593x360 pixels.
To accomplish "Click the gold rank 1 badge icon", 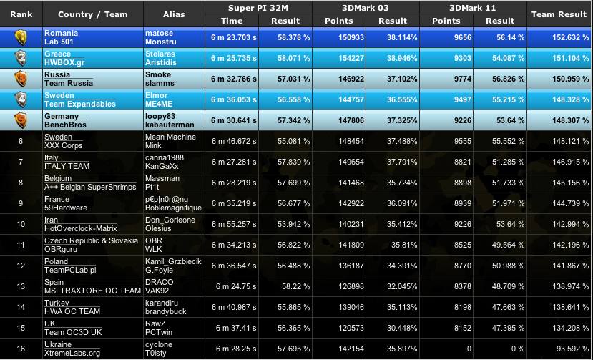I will (x=21, y=38).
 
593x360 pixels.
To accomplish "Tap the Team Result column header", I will (x=559, y=14).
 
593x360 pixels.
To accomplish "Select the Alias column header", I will (x=174, y=14).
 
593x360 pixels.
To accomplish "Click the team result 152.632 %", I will (x=559, y=38).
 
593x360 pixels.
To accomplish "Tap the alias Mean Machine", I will (x=170, y=137).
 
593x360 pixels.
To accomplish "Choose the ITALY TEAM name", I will (x=67, y=167).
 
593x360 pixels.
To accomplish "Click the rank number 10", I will (x=21, y=224).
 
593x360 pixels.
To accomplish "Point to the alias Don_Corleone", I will (x=170, y=220).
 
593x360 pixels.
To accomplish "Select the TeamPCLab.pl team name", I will (x=70, y=271).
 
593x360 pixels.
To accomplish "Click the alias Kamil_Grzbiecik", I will (x=173, y=261).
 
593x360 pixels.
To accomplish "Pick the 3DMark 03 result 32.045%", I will (x=402, y=286).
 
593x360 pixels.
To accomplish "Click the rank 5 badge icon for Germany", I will (x=21, y=120).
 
